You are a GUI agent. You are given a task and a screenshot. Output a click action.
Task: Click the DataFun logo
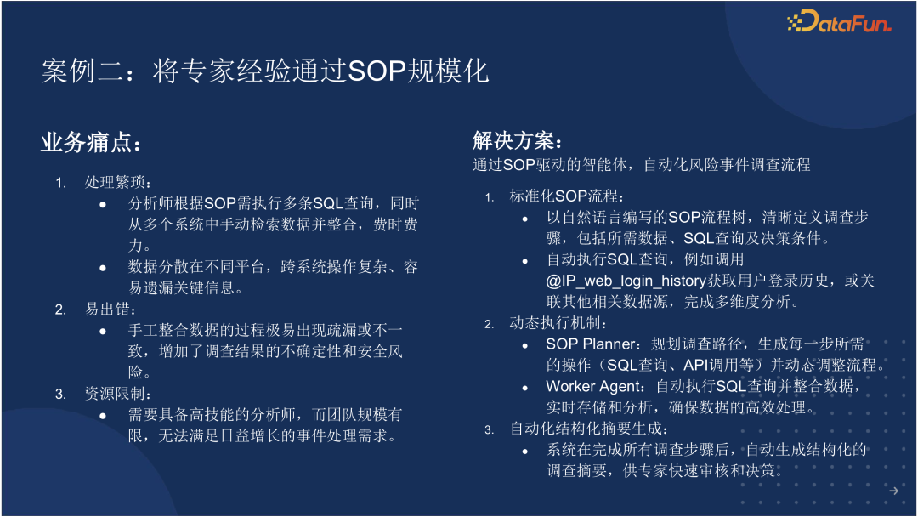pyautogui.click(x=839, y=21)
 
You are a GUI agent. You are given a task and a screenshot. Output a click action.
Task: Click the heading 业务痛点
pyautogui.click(x=91, y=142)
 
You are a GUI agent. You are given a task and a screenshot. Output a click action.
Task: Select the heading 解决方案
pyautogui.click(x=518, y=140)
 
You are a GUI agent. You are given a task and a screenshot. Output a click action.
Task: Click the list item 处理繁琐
pyautogui.click(x=117, y=182)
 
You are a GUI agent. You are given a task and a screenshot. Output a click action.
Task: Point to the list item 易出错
pyautogui.click(x=110, y=310)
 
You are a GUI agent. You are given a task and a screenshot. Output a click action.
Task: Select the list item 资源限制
pyautogui.click(x=117, y=394)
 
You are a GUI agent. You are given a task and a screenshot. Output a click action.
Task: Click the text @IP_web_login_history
pyautogui.click(x=626, y=281)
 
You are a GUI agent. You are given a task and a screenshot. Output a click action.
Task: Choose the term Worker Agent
pyautogui.click(x=593, y=386)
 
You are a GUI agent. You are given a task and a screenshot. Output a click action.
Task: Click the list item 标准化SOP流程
pyautogui.click(x=566, y=196)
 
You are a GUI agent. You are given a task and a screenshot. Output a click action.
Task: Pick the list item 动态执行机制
pyautogui.click(x=558, y=323)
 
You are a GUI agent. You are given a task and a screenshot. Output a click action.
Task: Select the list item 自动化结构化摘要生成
pyautogui.click(x=589, y=429)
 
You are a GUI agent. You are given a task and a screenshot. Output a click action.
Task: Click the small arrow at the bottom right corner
pyautogui.click(x=893, y=491)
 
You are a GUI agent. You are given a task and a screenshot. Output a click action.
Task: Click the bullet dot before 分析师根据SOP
pyautogui.click(x=103, y=204)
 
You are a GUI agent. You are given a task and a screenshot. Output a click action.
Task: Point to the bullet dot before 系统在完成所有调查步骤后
pyautogui.click(x=525, y=452)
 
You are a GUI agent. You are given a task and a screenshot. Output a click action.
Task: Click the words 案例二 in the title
pyautogui.click(x=82, y=71)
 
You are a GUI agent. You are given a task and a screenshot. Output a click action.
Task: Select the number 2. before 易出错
pyautogui.click(x=60, y=310)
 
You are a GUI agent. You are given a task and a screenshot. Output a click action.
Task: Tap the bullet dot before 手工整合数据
pyautogui.click(x=103, y=332)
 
